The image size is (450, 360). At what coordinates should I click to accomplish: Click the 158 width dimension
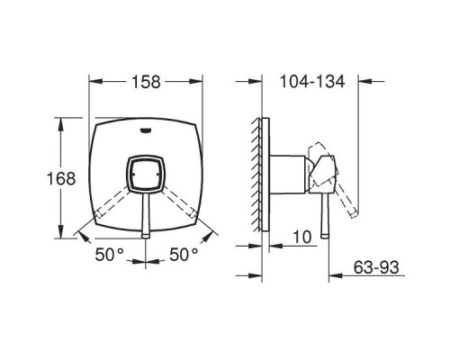[147, 82]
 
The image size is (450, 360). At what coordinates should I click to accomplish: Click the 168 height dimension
[61, 179]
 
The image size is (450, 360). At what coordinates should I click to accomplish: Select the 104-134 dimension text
[312, 82]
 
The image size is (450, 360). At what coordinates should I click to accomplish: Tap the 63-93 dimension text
[376, 267]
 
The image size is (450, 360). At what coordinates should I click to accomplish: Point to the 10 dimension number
[302, 237]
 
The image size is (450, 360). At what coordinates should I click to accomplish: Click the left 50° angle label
[109, 255]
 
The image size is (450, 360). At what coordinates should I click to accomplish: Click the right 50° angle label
[184, 255]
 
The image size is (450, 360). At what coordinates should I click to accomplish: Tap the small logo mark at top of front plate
[146, 130]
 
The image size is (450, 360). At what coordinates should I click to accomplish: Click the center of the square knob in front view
[146, 174]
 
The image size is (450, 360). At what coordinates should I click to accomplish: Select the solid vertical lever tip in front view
[146, 235]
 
